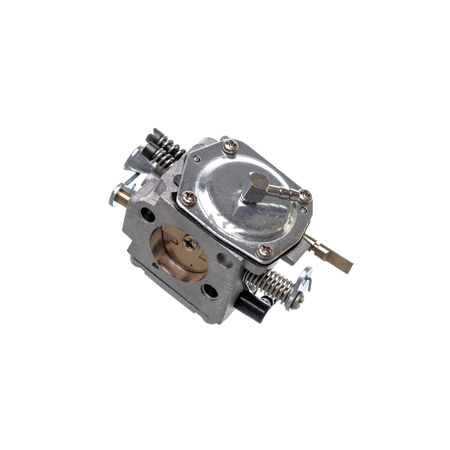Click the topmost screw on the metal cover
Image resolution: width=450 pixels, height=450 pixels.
230,146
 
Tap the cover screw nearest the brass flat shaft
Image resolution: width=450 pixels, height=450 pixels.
266,251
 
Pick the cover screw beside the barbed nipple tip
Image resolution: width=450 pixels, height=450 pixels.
305,195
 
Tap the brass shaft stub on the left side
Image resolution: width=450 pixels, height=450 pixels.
124,196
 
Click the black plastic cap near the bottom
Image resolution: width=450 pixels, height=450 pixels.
250,308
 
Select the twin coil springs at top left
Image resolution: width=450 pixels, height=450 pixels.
167,152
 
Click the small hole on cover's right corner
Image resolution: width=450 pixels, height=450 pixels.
303,209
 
